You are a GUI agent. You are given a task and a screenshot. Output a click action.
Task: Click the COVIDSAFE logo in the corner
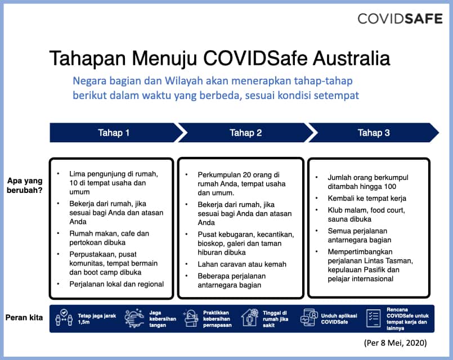[x=400, y=19]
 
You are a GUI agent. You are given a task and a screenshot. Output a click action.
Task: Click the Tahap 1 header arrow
[x=114, y=133]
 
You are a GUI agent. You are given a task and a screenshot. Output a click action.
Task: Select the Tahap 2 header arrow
[x=246, y=133]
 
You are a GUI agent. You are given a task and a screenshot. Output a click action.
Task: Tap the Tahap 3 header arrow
[x=374, y=133]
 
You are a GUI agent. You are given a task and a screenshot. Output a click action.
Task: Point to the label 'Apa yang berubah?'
[x=24, y=186]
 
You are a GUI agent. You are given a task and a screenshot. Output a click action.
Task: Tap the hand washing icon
[x=134, y=318]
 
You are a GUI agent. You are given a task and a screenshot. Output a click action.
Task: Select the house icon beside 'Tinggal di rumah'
[x=250, y=318]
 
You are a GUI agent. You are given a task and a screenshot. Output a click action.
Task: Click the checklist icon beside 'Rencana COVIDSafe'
[x=373, y=318]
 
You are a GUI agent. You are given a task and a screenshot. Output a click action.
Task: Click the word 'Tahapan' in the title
[x=87, y=58]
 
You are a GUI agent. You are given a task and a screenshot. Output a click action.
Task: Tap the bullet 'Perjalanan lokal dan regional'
[x=116, y=284]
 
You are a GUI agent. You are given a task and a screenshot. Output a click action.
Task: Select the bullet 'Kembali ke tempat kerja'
[x=367, y=199]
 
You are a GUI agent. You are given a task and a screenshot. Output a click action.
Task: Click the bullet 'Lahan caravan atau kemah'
[x=242, y=264]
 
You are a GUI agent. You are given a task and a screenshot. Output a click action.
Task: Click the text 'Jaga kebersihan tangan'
[x=163, y=318]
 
